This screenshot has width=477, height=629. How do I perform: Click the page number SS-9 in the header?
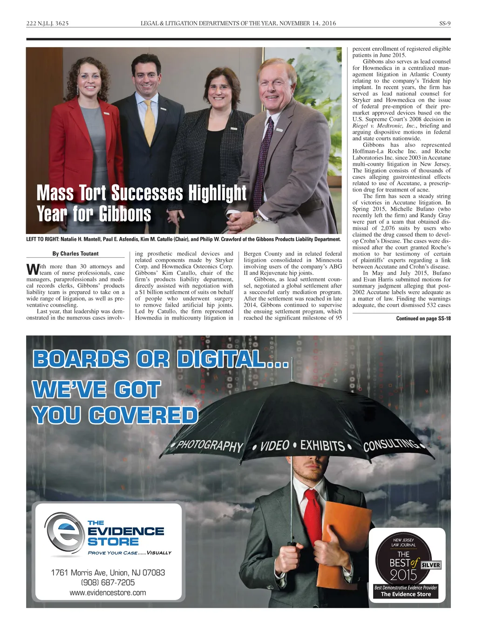[445, 23]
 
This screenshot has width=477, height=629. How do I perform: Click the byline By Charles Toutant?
[75, 253]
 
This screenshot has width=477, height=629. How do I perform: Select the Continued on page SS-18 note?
[423, 319]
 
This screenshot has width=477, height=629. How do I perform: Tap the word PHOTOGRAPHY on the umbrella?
[210, 445]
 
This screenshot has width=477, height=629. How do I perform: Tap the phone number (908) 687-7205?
[108, 582]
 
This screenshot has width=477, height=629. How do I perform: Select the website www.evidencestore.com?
[108, 593]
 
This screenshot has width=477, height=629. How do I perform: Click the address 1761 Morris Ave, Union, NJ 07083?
[108, 572]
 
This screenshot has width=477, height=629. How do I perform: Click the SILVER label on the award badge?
[430, 565]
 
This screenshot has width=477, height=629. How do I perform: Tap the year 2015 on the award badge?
[403, 575]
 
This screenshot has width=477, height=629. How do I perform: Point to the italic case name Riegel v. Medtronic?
[384, 126]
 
